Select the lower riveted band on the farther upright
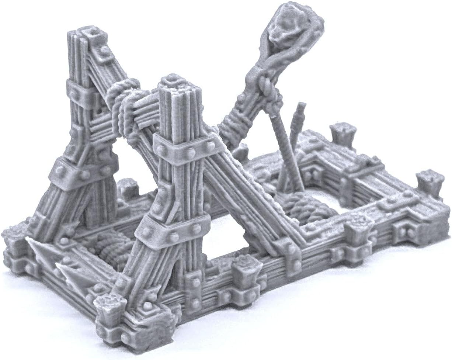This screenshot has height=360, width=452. point(79,170)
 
